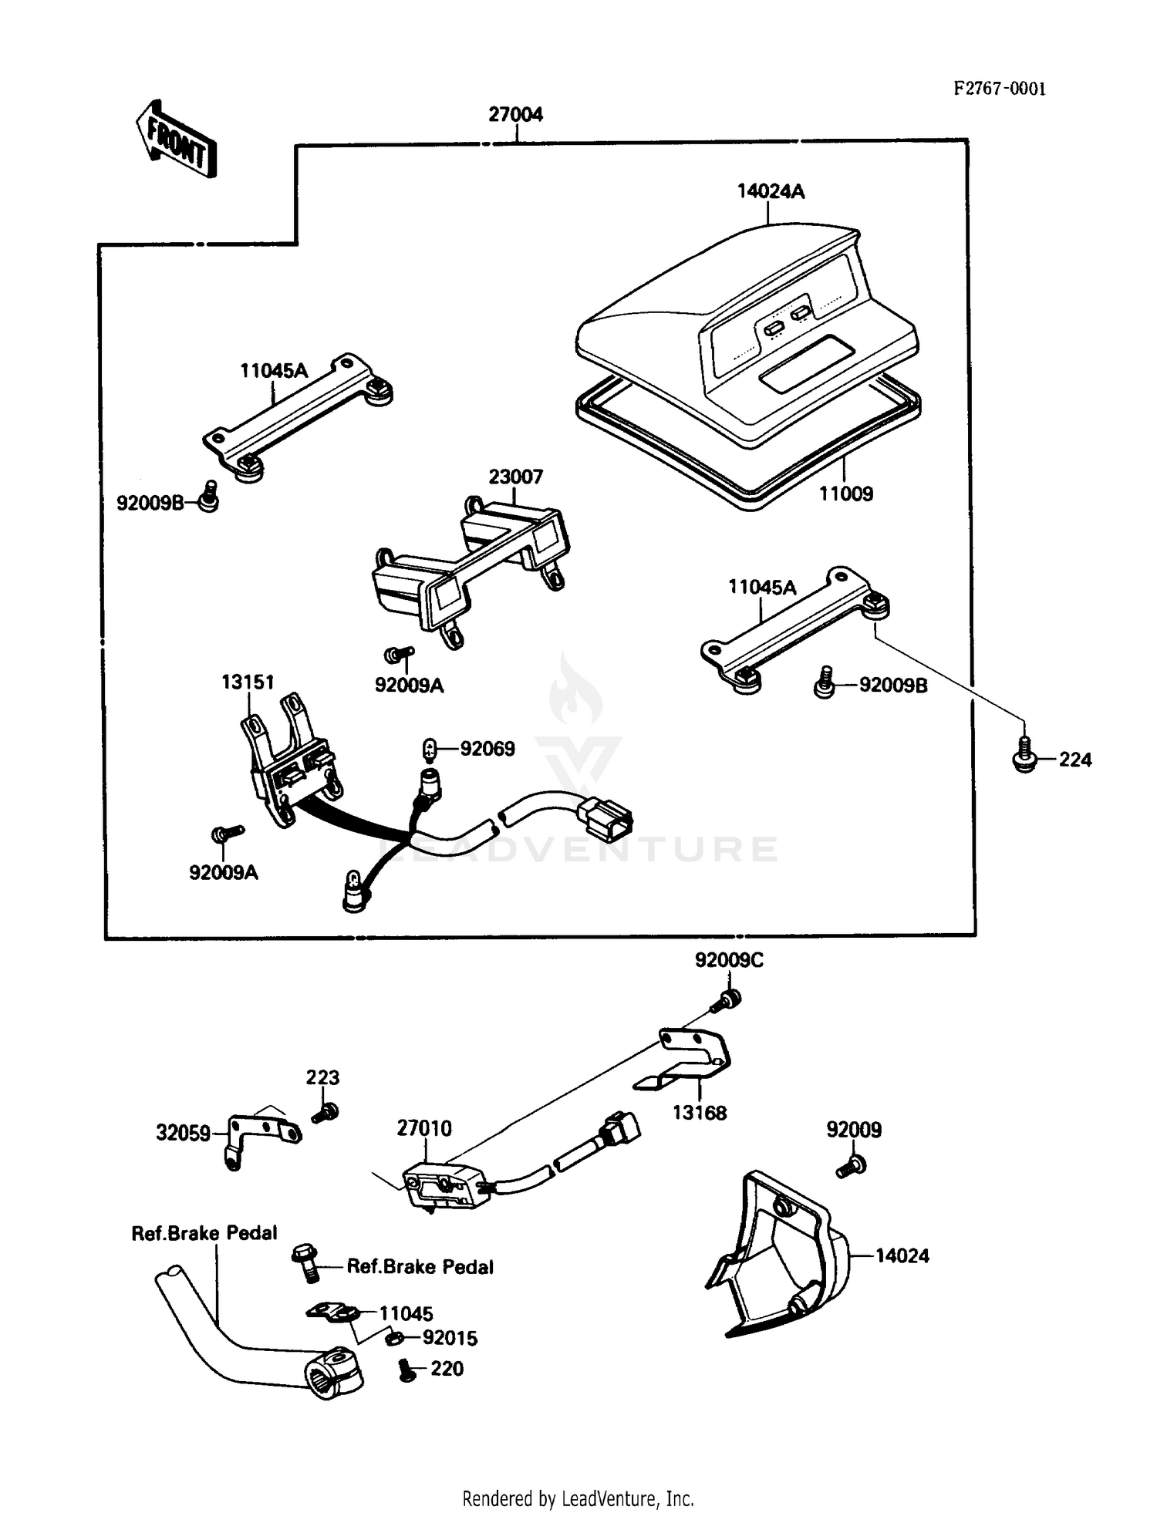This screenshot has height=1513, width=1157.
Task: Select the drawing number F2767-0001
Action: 1000,89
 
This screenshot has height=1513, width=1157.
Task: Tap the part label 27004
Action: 515,115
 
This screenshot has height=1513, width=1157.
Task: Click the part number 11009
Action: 845,494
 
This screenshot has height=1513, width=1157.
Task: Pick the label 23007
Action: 515,477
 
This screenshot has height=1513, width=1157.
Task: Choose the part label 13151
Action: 248,682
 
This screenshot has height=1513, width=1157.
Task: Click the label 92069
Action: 487,749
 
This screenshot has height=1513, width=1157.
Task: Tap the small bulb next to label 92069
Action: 430,748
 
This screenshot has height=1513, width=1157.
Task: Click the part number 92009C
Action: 729,960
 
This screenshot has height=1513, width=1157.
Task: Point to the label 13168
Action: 700,1113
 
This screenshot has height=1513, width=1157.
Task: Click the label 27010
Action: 424,1128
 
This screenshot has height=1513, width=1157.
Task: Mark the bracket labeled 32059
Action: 262,1134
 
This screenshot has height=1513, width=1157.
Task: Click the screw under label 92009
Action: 852,1167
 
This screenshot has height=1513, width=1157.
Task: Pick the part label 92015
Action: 450,1338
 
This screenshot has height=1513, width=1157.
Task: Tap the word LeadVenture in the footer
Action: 609,1498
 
